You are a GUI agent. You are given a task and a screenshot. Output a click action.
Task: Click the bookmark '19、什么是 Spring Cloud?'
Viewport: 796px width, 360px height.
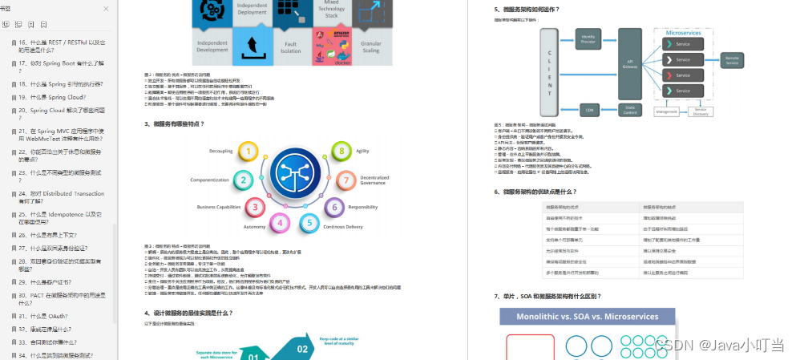click(x=52, y=96)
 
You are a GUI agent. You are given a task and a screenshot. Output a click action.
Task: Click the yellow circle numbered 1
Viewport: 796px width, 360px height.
click(x=249, y=151)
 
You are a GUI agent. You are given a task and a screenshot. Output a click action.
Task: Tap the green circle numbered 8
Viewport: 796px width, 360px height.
click(x=342, y=151)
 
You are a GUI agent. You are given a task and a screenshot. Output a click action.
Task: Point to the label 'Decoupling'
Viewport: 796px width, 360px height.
click(x=220, y=151)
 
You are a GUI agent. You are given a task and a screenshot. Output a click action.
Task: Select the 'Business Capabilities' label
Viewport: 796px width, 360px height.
click(x=219, y=207)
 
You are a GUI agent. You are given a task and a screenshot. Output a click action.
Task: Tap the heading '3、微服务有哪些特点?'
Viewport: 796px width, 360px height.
click(x=175, y=124)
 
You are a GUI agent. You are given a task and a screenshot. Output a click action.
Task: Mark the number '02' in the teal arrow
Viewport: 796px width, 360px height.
click(x=302, y=349)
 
